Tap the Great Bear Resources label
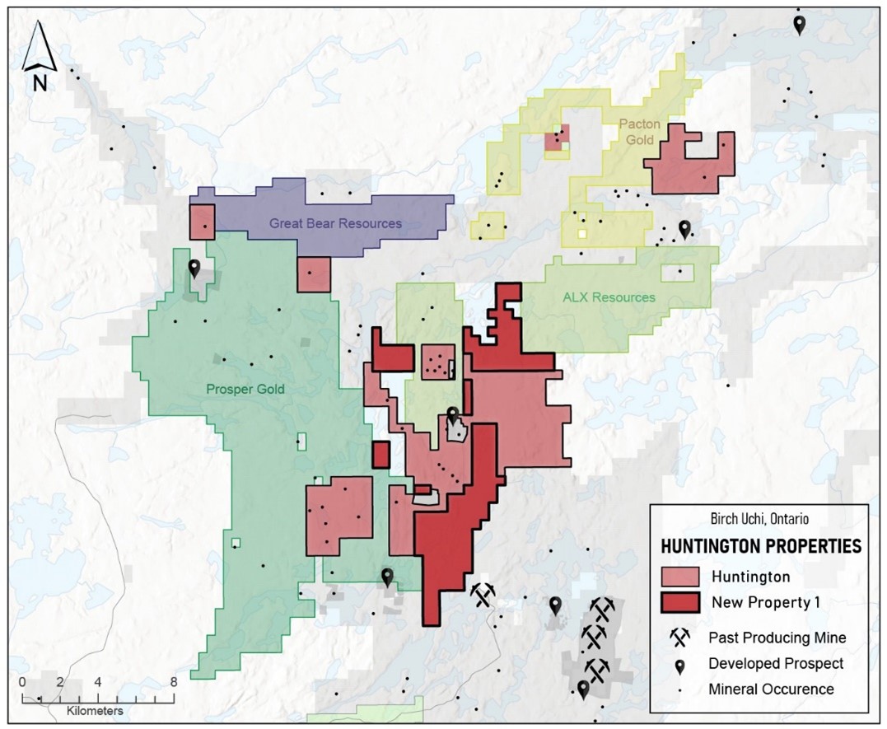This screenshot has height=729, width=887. coord(335,223)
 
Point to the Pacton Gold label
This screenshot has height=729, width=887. coord(637,132)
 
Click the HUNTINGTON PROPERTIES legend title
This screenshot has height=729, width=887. coord(761,546)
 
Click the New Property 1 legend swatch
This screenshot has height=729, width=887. coord(680,603)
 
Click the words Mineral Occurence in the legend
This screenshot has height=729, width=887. coord(771,689)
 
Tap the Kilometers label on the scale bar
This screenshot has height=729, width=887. coord(96,709)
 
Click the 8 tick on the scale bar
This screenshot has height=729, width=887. coord(173,682)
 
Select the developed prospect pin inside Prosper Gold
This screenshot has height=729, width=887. coord(194,269)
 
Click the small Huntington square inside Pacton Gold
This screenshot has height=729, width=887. coord(558,138)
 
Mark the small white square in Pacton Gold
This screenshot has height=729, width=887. coord(583,234)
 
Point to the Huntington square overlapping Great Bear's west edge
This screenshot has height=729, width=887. coord(202,222)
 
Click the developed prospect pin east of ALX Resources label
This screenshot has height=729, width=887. coord(684,229)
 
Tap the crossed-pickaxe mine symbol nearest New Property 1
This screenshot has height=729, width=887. coord(483,594)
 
